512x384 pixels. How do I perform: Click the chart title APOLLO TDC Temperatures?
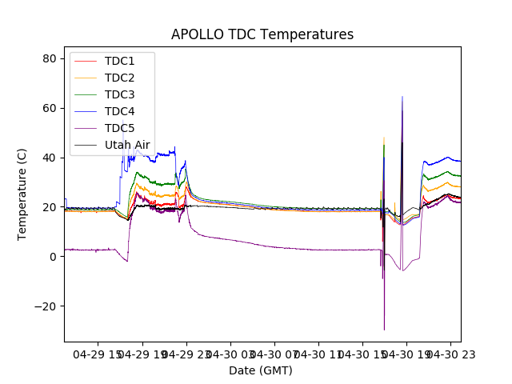click(x=262, y=34)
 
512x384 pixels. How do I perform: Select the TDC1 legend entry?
click(x=119, y=61)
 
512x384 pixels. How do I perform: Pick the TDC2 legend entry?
click(x=119, y=78)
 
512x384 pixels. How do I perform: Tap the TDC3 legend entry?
click(x=119, y=94)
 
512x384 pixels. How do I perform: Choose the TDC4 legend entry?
click(x=119, y=111)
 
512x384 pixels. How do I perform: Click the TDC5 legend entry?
click(x=119, y=128)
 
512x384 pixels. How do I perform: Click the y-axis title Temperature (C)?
click(x=22, y=194)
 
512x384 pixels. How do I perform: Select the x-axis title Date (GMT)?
click(x=261, y=370)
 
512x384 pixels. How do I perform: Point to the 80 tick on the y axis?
click(x=48, y=58)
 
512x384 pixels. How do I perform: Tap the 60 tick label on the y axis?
click(x=48, y=108)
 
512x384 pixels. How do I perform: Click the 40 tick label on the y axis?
click(x=48, y=158)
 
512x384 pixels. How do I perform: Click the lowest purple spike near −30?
click(x=384, y=330)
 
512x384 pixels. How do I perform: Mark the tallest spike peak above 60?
click(x=402, y=97)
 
